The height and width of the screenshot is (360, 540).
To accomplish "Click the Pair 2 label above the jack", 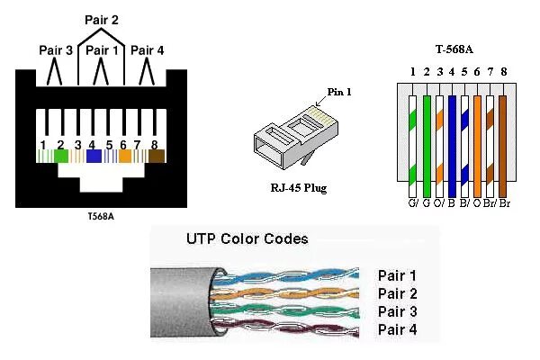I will pos(102,19).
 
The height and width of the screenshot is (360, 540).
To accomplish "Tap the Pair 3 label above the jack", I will pos(56,50).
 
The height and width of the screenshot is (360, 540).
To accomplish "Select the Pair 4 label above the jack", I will pos(148,50).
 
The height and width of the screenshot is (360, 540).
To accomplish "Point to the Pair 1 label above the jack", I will pos(102,50).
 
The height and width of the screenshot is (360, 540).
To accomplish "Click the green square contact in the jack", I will pos(61,156).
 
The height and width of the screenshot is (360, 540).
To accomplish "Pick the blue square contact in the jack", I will pos(94,156).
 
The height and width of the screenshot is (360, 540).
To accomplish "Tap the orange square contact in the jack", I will pos(125,156).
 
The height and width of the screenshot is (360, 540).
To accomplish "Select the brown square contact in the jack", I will pos(157,156).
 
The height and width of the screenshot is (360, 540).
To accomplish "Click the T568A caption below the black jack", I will pos(101,217).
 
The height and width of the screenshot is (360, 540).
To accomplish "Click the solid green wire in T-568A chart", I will pos(426,139).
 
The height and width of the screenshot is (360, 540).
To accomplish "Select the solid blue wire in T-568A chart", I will pos(452,139).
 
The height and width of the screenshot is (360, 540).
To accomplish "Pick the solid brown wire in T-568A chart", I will pos(504,139).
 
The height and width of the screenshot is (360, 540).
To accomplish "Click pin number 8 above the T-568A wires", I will pos(504,70).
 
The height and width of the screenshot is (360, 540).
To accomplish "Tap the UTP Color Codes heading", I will pos(247,239).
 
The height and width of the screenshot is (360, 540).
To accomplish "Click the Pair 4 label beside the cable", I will pos(398,330).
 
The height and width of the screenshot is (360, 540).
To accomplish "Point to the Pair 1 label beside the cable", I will pos(398,275).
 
